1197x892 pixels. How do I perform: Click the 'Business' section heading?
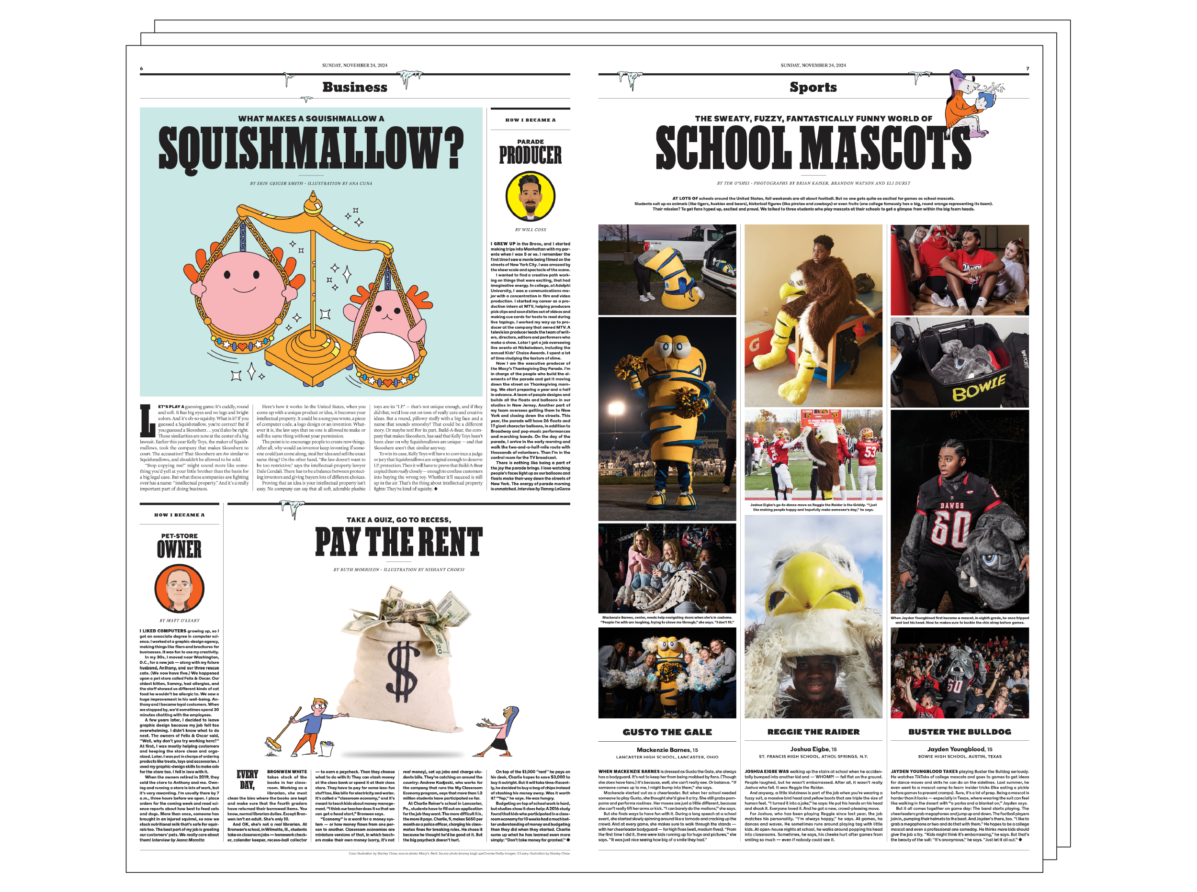(x=354, y=87)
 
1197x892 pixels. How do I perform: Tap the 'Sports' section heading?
(x=813, y=87)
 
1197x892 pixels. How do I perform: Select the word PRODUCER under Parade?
(x=530, y=156)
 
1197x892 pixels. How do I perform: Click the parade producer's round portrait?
(x=530, y=197)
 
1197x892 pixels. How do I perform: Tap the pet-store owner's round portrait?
(x=180, y=588)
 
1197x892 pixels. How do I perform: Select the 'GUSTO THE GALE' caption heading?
(x=666, y=732)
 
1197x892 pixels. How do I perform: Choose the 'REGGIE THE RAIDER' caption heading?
(x=813, y=732)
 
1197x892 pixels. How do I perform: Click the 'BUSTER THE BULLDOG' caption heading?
(x=960, y=732)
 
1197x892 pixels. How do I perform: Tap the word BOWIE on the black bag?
(x=978, y=388)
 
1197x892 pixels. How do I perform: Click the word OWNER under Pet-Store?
(x=180, y=550)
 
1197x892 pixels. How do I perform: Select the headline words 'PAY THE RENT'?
(x=399, y=542)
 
